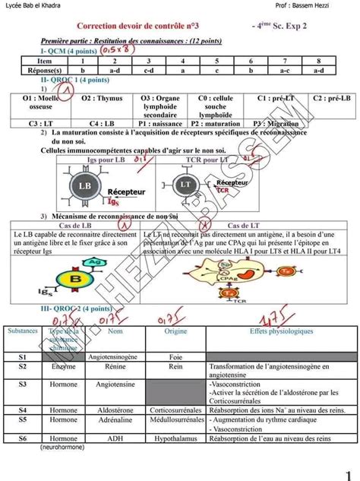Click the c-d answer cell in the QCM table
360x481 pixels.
[149, 69]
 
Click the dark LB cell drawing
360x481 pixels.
[84, 185]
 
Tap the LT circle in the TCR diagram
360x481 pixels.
[185, 185]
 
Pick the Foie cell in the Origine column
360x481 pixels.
[176, 356]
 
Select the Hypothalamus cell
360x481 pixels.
[176, 438]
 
